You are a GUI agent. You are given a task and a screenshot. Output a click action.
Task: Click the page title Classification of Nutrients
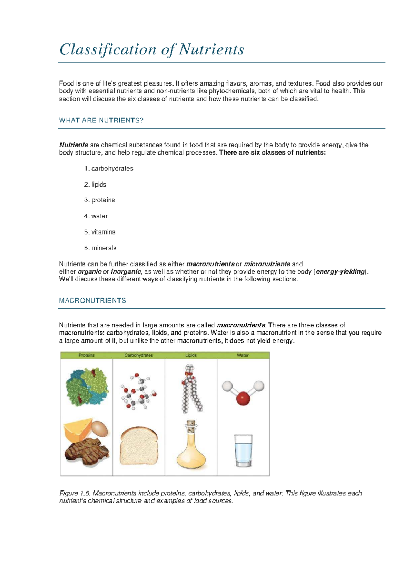coord(152,50)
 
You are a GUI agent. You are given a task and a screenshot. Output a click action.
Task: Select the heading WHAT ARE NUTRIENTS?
coord(101,120)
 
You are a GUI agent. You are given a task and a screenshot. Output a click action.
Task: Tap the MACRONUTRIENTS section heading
coord(92,300)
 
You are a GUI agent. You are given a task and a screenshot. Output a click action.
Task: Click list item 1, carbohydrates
coord(109,169)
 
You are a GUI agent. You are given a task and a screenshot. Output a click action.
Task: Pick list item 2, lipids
coord(95,185)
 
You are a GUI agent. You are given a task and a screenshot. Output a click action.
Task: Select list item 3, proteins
coord(99,200)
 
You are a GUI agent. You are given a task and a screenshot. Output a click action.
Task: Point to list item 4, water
coord(96,216)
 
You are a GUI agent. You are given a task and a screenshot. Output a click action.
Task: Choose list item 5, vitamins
coord(100,232)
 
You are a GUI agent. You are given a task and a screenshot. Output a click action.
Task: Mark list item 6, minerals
coord(100,248)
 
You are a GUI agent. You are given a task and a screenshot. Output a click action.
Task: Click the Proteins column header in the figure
coord(87,355)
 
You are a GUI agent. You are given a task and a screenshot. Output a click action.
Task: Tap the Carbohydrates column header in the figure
coord(139,355)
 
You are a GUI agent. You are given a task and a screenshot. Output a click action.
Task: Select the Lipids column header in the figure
coord(191,355)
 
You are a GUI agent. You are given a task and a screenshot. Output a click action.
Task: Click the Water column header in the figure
coord(243,355)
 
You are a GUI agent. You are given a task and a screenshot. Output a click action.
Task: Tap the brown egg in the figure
coord(100,429)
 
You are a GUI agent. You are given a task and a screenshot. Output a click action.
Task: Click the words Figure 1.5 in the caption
coord(75,493)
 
